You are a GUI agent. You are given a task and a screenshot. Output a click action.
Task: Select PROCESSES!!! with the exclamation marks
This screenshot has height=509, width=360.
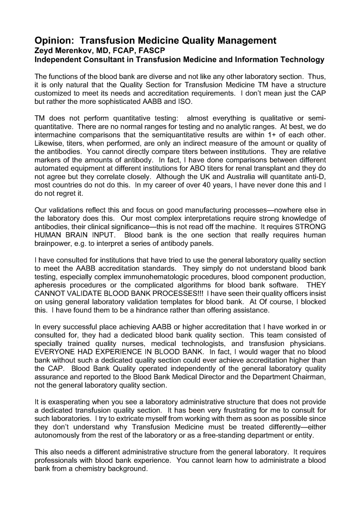[x=172, y=294]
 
